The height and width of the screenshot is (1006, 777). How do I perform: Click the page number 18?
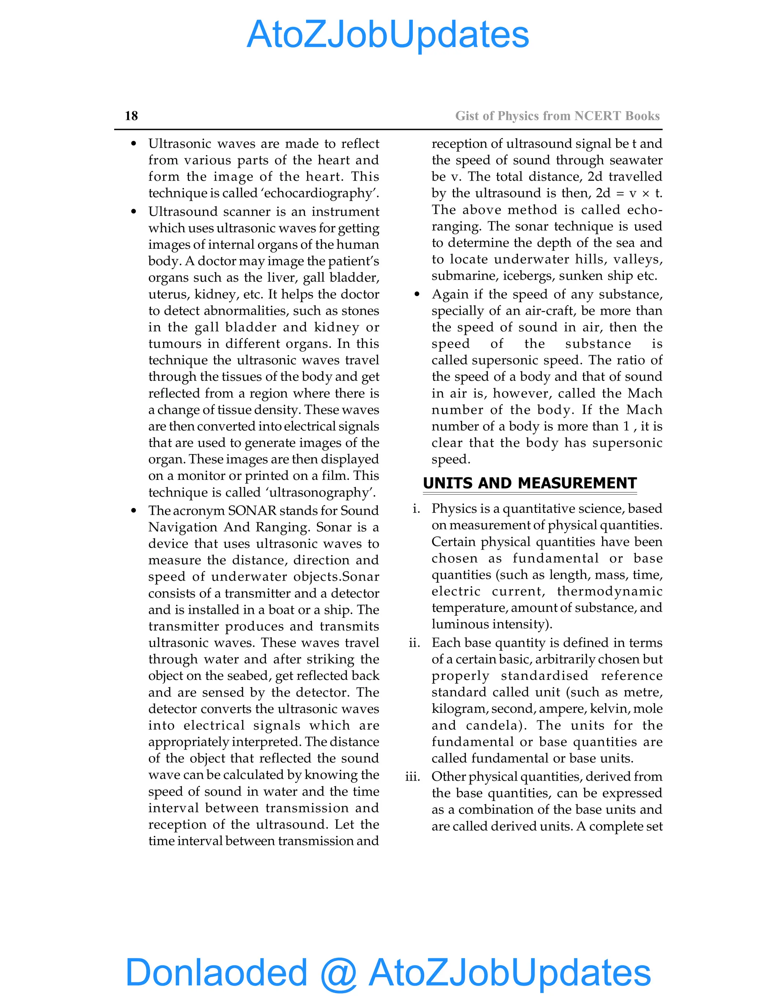pyautogui.click(x=131, y=116)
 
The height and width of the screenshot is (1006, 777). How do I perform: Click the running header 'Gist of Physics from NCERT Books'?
pyautogui.click(x=557, y=116)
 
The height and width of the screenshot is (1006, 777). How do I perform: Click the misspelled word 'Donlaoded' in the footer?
pyautogui.click(x=216, y=972)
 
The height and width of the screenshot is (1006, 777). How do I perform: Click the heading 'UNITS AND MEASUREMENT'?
pyautogui.click(x=529, y=483)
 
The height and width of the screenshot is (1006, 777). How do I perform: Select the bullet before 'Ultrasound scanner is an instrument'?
pyautogui.click(x=134, y=211)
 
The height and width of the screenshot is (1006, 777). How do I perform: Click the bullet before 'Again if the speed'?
pyautogui.click(x=417, y=294)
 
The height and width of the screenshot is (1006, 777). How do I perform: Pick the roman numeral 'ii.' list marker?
pyautogui.click(x=414, y=643)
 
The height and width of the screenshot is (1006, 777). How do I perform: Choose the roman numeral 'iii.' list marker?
pyautogui.click(x=412, y=777)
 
